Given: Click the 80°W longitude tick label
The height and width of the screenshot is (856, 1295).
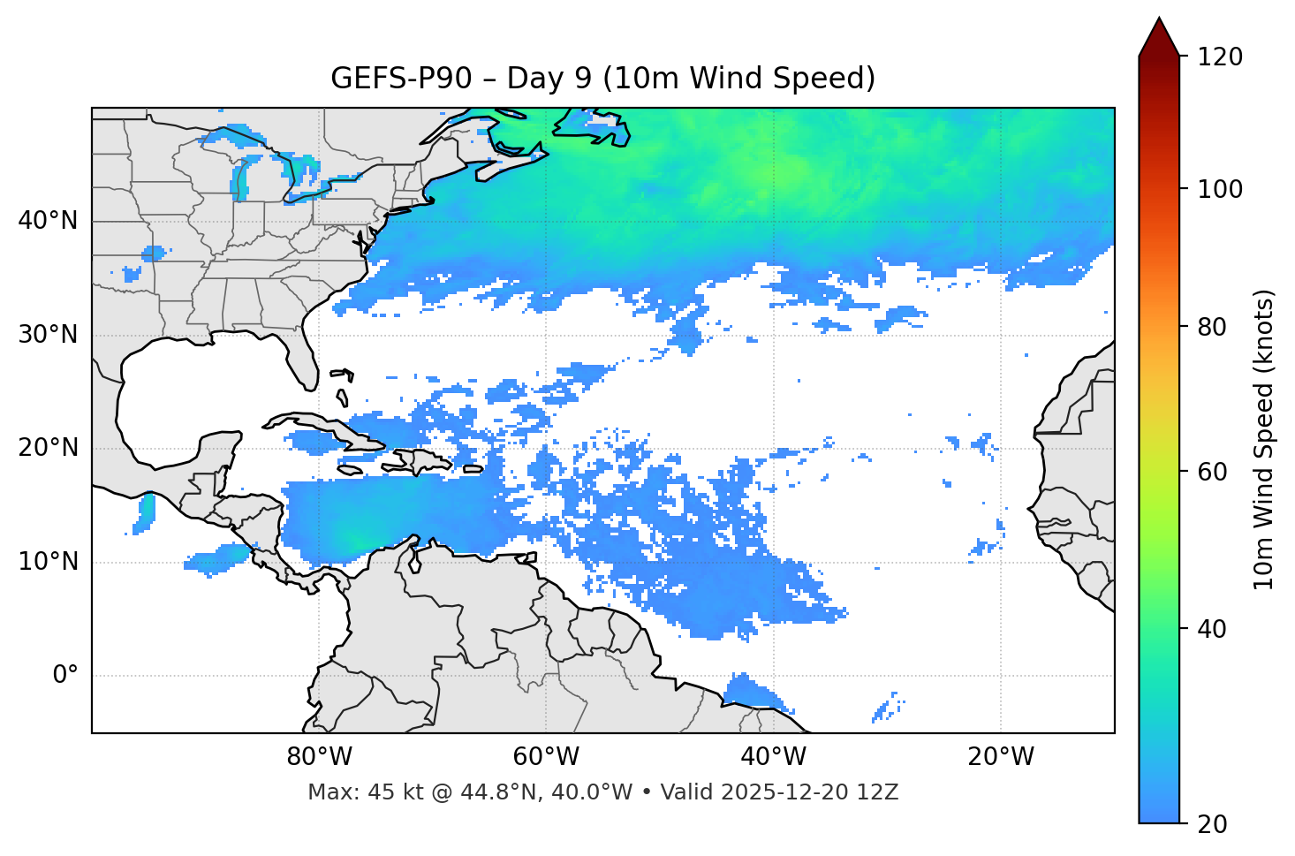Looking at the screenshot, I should pos(319,757).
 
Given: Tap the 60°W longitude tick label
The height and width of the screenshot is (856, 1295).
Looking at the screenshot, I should pos(545,757).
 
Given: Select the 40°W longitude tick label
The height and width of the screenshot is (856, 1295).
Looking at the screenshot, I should pos(773,757).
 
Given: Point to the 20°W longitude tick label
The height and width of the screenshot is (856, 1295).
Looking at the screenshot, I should pos(1000,757).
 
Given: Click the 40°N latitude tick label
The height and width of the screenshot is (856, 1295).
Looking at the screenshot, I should pos(48,221).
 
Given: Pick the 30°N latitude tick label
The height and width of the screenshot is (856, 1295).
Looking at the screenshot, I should pos(48,335).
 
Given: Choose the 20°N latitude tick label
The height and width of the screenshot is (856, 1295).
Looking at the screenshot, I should pos(48,448).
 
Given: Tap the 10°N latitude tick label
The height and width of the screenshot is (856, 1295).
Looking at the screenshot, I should pos(48,562).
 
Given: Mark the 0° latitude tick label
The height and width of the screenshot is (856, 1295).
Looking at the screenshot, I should pos(65,676).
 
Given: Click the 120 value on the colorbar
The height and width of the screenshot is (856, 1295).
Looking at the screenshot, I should pos(1221,57).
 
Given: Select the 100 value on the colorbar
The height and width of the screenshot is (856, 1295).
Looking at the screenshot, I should pos(1221,189).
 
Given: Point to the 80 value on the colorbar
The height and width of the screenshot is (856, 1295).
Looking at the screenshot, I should pos(1214,327).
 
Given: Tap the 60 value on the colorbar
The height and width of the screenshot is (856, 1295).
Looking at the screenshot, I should pos(1214,472).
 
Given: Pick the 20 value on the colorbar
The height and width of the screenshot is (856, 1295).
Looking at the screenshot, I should pos(1214,824).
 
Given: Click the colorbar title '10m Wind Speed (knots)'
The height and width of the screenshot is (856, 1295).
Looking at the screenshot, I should pos(1264,439).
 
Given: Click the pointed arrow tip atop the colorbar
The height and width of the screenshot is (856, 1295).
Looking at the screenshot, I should pos(1159,22).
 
